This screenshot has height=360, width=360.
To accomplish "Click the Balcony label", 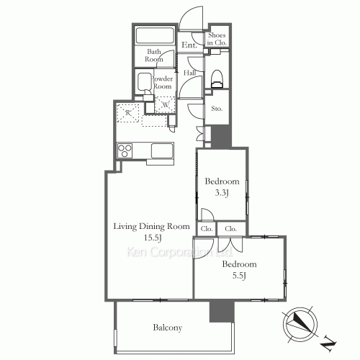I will pyautogui.click(x=167, y=328).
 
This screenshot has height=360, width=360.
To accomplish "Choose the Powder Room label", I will pyautogui.click(x=161, y=81).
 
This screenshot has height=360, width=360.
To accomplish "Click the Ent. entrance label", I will pyautogui.click(x=190, y=45).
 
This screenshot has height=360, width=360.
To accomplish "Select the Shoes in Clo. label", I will pyautogui.click(x=217, y=39).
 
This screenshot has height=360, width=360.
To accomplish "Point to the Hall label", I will pyautogui.click(x=191, y=73).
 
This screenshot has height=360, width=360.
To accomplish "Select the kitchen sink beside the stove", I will pyautogui.click(x=162, y=151).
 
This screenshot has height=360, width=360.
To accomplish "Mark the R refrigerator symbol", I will pyautogui.click(x=127, y=113).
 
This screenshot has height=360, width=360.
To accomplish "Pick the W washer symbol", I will pyautogui.click(x=166, y=103).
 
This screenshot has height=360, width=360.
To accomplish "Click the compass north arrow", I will pyautogui.click(x=302, y=325).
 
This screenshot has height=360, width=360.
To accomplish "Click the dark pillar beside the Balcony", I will pyautogui.click(x=217, y=310).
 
